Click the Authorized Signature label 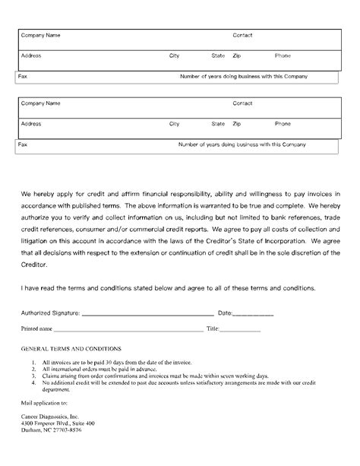click(49, 312)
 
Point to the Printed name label click(36, 329)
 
